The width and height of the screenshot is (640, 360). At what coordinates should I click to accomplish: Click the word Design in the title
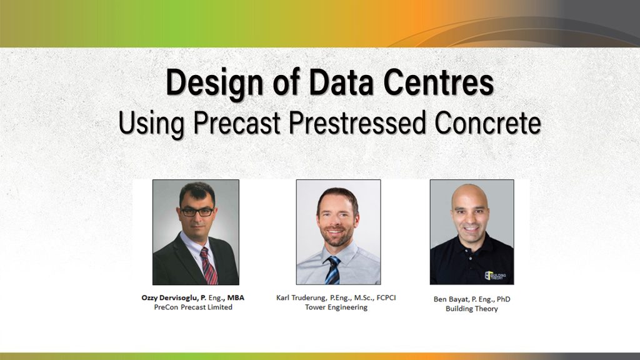pyautogui.click(x=215, y=84)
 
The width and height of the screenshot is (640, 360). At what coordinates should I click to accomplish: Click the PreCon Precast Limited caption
pyautogui.click(x=193, y=307)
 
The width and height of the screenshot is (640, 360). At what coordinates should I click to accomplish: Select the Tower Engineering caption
pyautogui.click(x=336, y=307)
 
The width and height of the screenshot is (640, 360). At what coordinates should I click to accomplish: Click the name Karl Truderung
pyautogui.click(x=301, y=298)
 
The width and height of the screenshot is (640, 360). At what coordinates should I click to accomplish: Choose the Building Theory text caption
pyautogui.click(x=472, y=309)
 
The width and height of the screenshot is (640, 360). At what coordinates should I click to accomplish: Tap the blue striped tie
pyautogui.click(x=333, y=270)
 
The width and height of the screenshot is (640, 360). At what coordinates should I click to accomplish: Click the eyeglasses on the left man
pyautogui.click(x=197, y=212)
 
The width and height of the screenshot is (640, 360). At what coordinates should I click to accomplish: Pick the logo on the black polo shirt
pyautogui.click(x=495, y=276)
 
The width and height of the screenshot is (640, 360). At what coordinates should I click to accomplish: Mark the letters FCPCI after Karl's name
pyautogui.click(x=386, y=297)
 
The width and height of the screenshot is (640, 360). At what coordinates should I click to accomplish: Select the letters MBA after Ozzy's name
pyautogui.click(x=236, y=297)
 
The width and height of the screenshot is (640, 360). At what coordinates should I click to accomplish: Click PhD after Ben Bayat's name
pyautogui.click(x=503, y=299)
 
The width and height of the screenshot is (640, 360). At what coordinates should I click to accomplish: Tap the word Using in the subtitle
pyautogui.click(x=151, y=123)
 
